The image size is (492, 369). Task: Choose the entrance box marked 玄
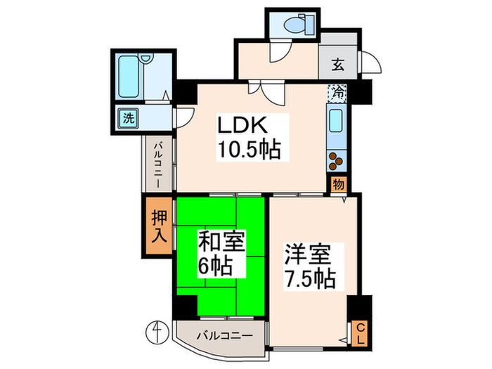[x=337, y=66]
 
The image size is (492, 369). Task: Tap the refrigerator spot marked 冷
[x=338, y=91]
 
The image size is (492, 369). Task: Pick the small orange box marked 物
[x=338, y=184]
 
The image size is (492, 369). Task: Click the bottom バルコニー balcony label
[x=224, y=335]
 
